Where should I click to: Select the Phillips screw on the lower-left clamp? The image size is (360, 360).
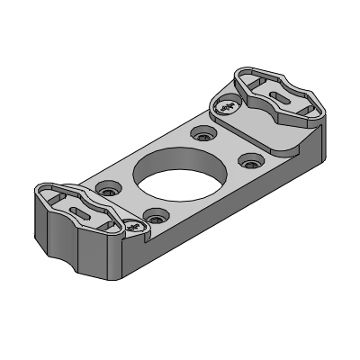(135, 227)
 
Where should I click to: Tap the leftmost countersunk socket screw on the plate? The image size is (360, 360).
(110, 191)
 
